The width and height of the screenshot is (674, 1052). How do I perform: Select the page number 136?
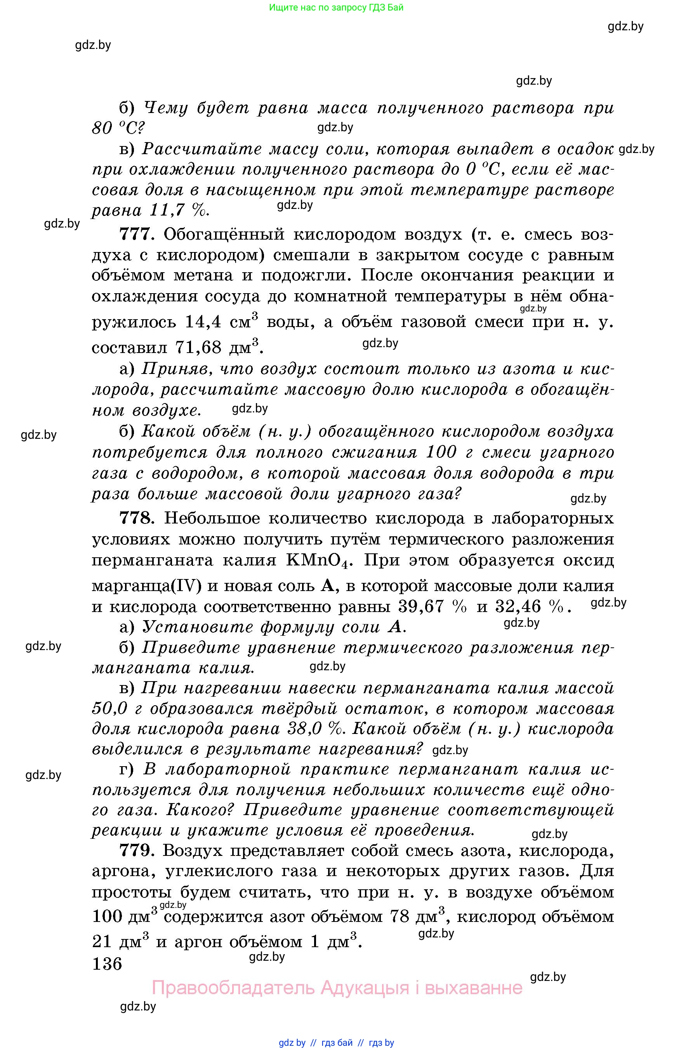coord(107,963)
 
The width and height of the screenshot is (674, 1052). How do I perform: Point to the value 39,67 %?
coord(431,606)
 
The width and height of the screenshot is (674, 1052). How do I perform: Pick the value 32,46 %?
coord(529,606)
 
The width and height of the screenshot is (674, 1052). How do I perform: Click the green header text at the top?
coord(336,7)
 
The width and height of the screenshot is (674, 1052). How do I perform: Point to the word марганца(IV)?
coord(147,586)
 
